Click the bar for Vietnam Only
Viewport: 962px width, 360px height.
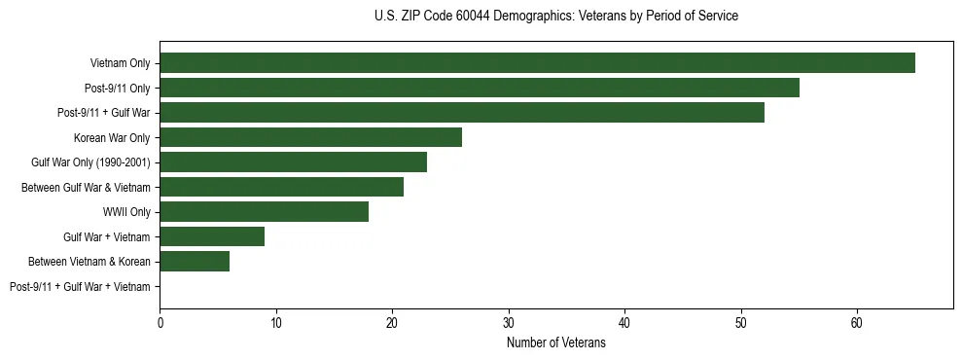coord(537,63)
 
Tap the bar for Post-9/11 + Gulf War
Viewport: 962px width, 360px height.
coord(462,113)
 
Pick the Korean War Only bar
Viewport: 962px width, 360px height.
coord(310,137)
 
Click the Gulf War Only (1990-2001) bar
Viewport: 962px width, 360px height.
coord(293,162)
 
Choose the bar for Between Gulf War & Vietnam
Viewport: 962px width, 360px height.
coord(281,187)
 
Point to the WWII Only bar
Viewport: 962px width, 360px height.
coord(264,212)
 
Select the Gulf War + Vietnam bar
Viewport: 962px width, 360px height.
coord(212,236)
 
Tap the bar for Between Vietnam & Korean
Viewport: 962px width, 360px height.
coord(195,262)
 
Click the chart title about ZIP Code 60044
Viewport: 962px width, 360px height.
coord(555,17)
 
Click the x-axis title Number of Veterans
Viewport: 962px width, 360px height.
coord(555,342)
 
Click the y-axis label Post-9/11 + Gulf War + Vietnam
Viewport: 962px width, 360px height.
coord(80,286)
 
